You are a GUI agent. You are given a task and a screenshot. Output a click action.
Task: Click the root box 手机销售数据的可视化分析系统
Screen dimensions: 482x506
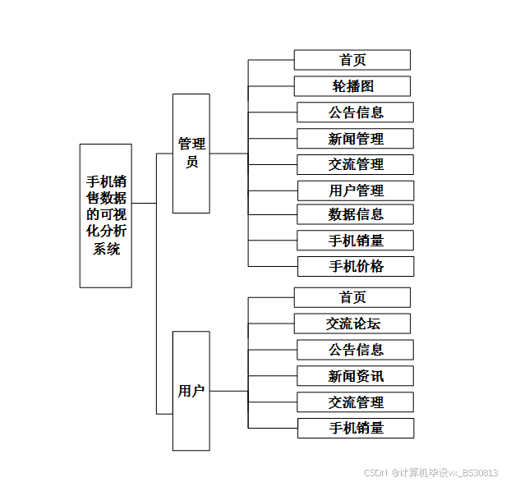click(105, 215)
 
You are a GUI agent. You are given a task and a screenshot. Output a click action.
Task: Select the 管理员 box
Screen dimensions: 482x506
click(191, 153)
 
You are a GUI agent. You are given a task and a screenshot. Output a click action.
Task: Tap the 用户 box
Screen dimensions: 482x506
click(191, 391)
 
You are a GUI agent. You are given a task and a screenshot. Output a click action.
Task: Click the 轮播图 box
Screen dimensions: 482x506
click(352, 86)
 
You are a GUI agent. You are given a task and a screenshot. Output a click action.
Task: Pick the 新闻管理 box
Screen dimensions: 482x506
click(355, 138)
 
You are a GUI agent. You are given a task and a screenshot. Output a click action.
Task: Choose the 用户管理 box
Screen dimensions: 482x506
click(355, 191)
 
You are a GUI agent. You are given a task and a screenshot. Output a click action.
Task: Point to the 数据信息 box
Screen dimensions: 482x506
click(355, 214)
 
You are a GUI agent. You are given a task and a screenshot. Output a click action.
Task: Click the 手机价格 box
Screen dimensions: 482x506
click(355, 266)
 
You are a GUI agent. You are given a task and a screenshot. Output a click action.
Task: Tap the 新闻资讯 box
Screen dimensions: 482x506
click(355, 376)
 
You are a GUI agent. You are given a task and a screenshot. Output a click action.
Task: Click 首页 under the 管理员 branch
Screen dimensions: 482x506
click(352, 60)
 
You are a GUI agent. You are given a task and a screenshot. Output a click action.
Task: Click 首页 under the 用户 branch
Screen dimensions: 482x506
click(352, 297)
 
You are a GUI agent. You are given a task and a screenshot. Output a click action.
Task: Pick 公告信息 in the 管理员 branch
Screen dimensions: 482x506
click(355, 112)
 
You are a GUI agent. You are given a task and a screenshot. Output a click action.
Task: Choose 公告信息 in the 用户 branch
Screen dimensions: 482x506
click(355, 350)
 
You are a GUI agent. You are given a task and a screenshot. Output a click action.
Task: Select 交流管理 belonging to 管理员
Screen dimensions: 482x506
click(355, 164)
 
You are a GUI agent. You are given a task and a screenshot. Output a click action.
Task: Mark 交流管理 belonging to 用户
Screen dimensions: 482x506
click(355, 402)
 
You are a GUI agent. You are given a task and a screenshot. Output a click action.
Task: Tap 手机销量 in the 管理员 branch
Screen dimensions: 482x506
click(355, 241)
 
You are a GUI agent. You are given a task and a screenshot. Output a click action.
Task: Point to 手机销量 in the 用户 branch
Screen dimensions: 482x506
click(355, 428)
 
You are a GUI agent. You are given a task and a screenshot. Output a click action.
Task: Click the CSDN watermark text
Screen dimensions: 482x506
click(430, 472)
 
